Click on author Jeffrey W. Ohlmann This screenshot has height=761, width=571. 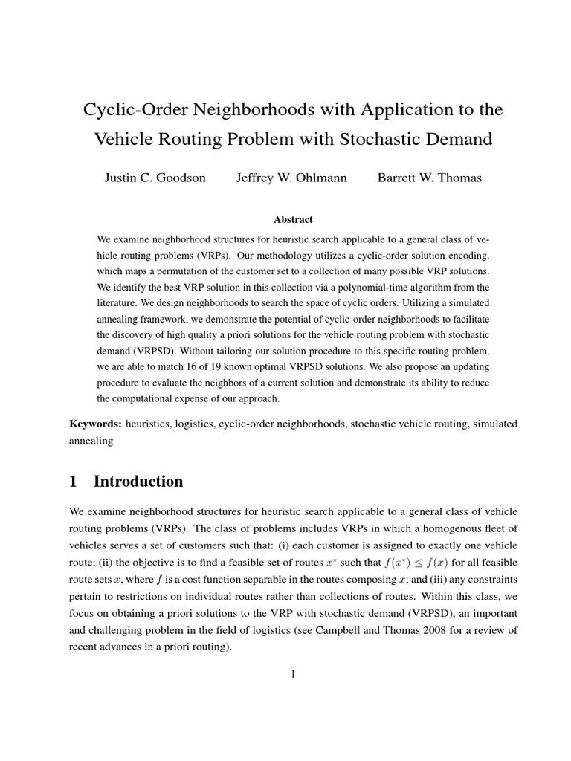pyautogui.click(x=291, y=178)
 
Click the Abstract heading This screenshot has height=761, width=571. pyautogui.click(x=293, y=219)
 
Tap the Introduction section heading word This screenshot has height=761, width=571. pyautogui.click(x=138, y=482)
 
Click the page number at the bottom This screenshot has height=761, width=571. pyautogui.click(x=293, y=674)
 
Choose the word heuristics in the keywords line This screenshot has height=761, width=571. pyautogui.click(x=152, y=424)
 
